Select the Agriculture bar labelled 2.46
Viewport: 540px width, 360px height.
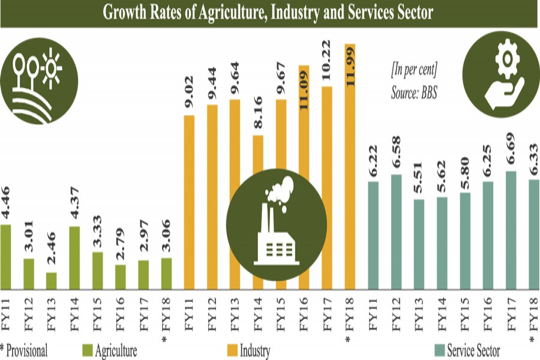(x=52, y=281)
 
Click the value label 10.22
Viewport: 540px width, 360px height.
(x=327, y=67)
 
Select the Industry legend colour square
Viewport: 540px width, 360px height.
(x=232, y=350)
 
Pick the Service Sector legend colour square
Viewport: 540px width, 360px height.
(x=439, y=350)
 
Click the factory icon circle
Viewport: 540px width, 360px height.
(x=277, y=223)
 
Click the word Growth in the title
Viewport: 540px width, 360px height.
(x=128, y=12)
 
